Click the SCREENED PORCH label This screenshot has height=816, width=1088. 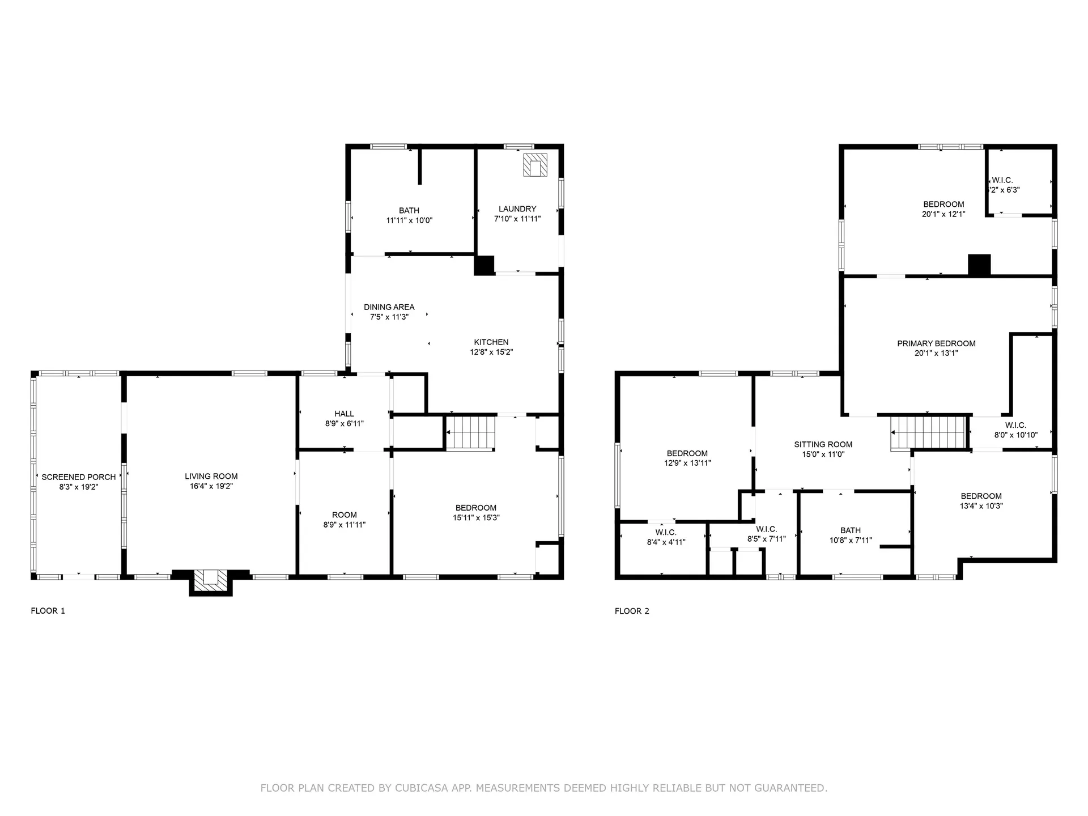click(78, 477)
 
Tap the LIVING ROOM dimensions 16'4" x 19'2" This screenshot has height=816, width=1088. click(211, 486)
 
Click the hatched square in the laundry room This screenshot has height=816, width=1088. click(535, 165)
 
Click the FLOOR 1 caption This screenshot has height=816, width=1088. click(48, 611)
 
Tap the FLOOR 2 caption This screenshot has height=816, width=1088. click(632, 611)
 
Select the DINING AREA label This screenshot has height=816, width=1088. click(389, 307)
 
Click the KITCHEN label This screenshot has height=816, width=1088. click(491, 342)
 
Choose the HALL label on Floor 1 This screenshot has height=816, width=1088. click(344, 414)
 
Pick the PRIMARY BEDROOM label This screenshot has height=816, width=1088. click(936, 343)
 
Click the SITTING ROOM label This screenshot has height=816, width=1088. click(823, 445)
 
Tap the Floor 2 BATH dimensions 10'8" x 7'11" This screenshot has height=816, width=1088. click(850, 541)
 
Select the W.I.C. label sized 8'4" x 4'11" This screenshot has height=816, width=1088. click(666, 532)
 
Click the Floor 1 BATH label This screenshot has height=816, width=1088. click(409, 210)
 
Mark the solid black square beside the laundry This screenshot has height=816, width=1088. click(484, 265)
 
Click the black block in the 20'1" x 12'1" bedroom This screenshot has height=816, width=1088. click(979, 265)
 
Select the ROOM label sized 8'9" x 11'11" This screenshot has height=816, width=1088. click(344, 515)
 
